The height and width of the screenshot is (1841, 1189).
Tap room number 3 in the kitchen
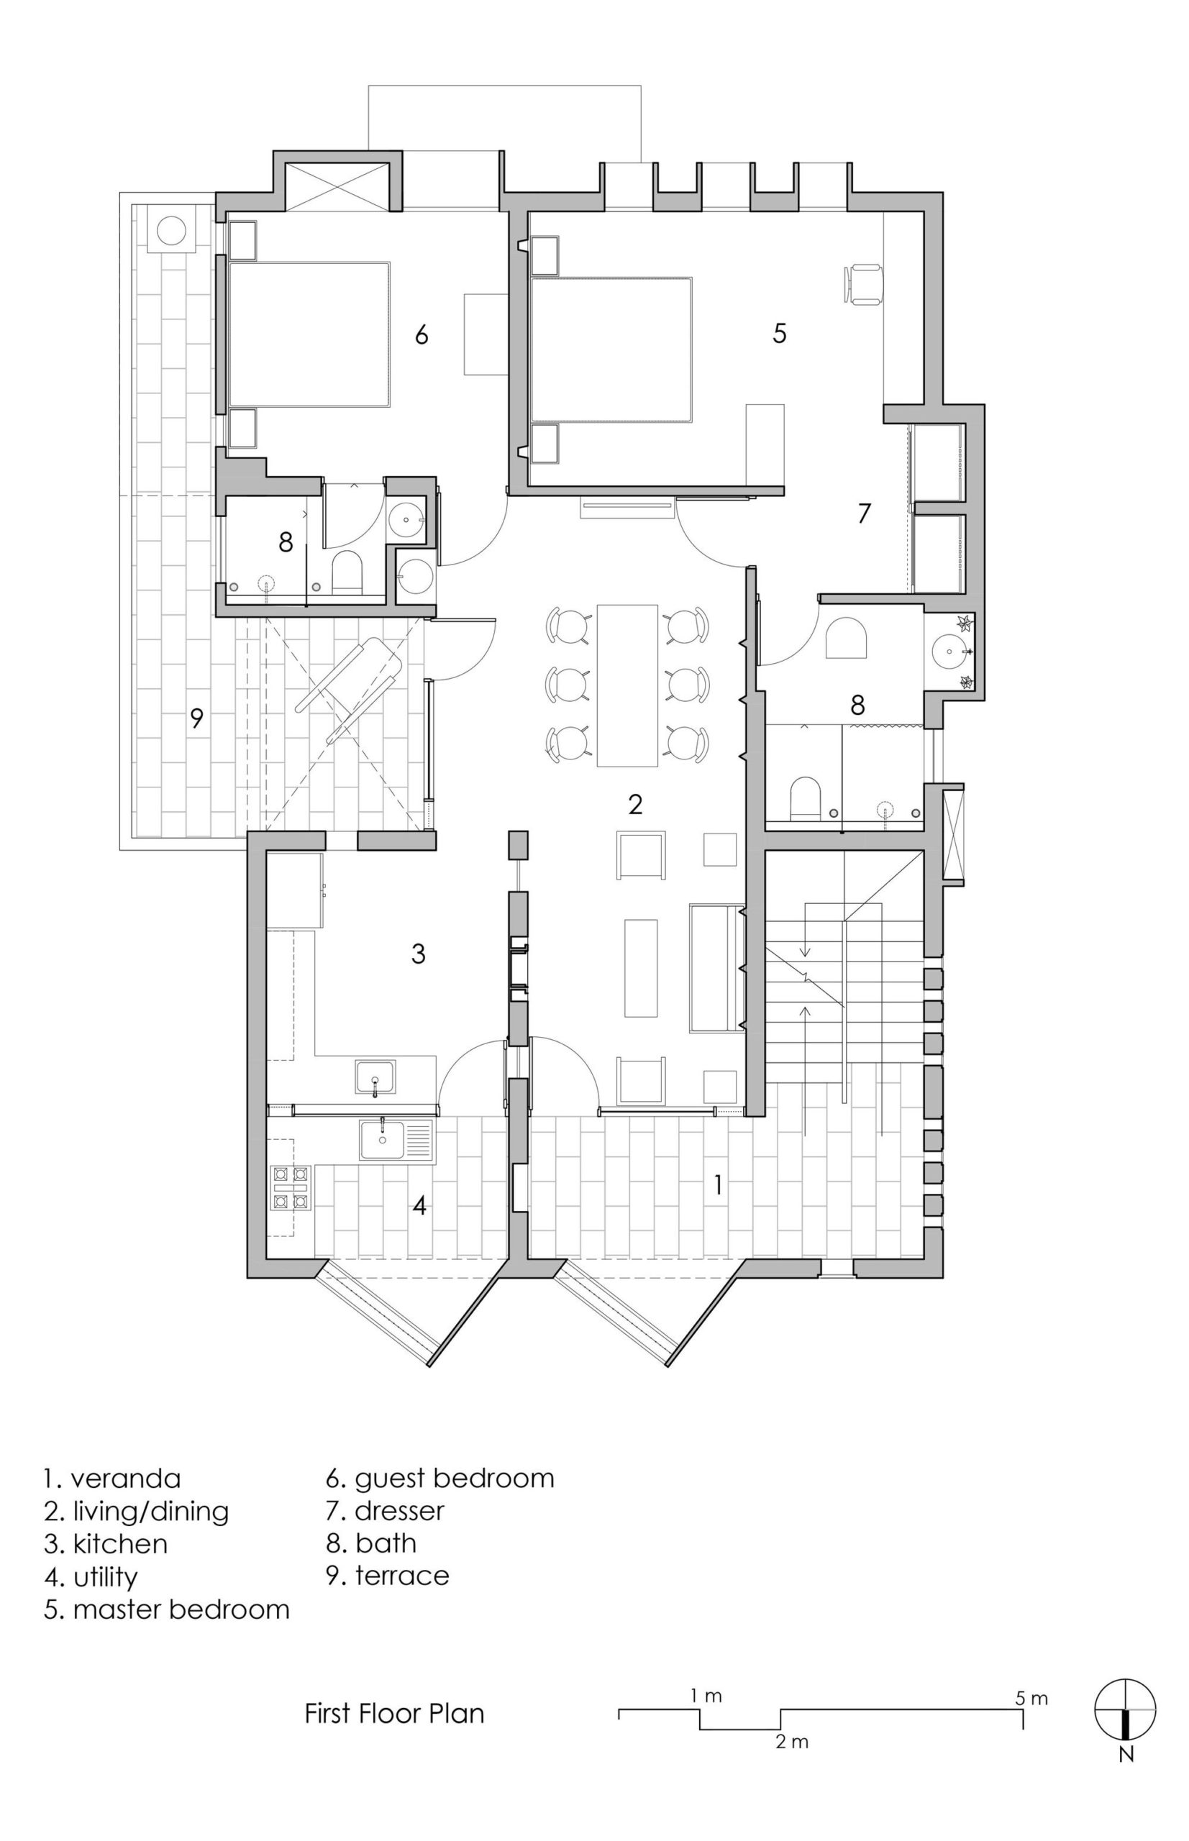click(x=418, y=954)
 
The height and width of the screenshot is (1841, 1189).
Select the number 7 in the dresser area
click(x=864, y=513)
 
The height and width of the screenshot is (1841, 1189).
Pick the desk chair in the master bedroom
click(x=863, y=285)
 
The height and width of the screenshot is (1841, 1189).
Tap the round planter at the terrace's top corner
click(x=171, y=229)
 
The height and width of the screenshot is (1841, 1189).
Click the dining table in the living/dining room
click(x=627, y=685)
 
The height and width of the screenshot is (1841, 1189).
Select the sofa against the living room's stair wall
click(x=716, y=968)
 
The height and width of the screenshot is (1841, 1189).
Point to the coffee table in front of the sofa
click(x=641, y=968)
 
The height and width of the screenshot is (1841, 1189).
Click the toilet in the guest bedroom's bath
click(x=347, y=572)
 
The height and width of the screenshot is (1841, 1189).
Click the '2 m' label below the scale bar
click(x=792, y=1758)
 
